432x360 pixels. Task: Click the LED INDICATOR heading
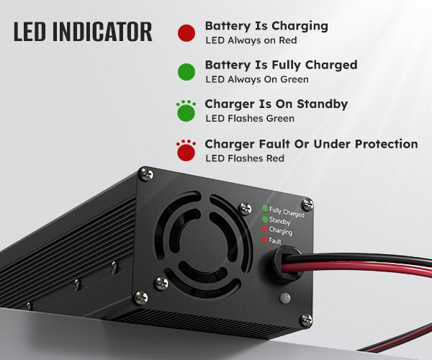pos(82,32)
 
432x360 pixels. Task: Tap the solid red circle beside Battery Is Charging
pos(186,33)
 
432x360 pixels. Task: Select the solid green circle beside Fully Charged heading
pos(186,71)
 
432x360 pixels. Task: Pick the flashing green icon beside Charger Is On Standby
pos(186,112)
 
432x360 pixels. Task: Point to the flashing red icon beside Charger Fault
pos(186,151)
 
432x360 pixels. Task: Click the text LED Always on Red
pos(251,41)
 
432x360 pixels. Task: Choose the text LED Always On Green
pos(256,79)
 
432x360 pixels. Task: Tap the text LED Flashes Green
pos(249,119)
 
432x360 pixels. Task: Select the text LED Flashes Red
pos(245,158)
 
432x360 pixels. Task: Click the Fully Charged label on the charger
pos(287,212)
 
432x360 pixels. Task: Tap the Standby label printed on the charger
pos(280,222)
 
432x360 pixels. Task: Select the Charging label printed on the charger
pos(281,232)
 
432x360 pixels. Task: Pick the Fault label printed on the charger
pos(275,240)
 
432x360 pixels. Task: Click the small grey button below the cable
pos(284,297)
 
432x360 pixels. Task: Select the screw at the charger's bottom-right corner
pos(306,320)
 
